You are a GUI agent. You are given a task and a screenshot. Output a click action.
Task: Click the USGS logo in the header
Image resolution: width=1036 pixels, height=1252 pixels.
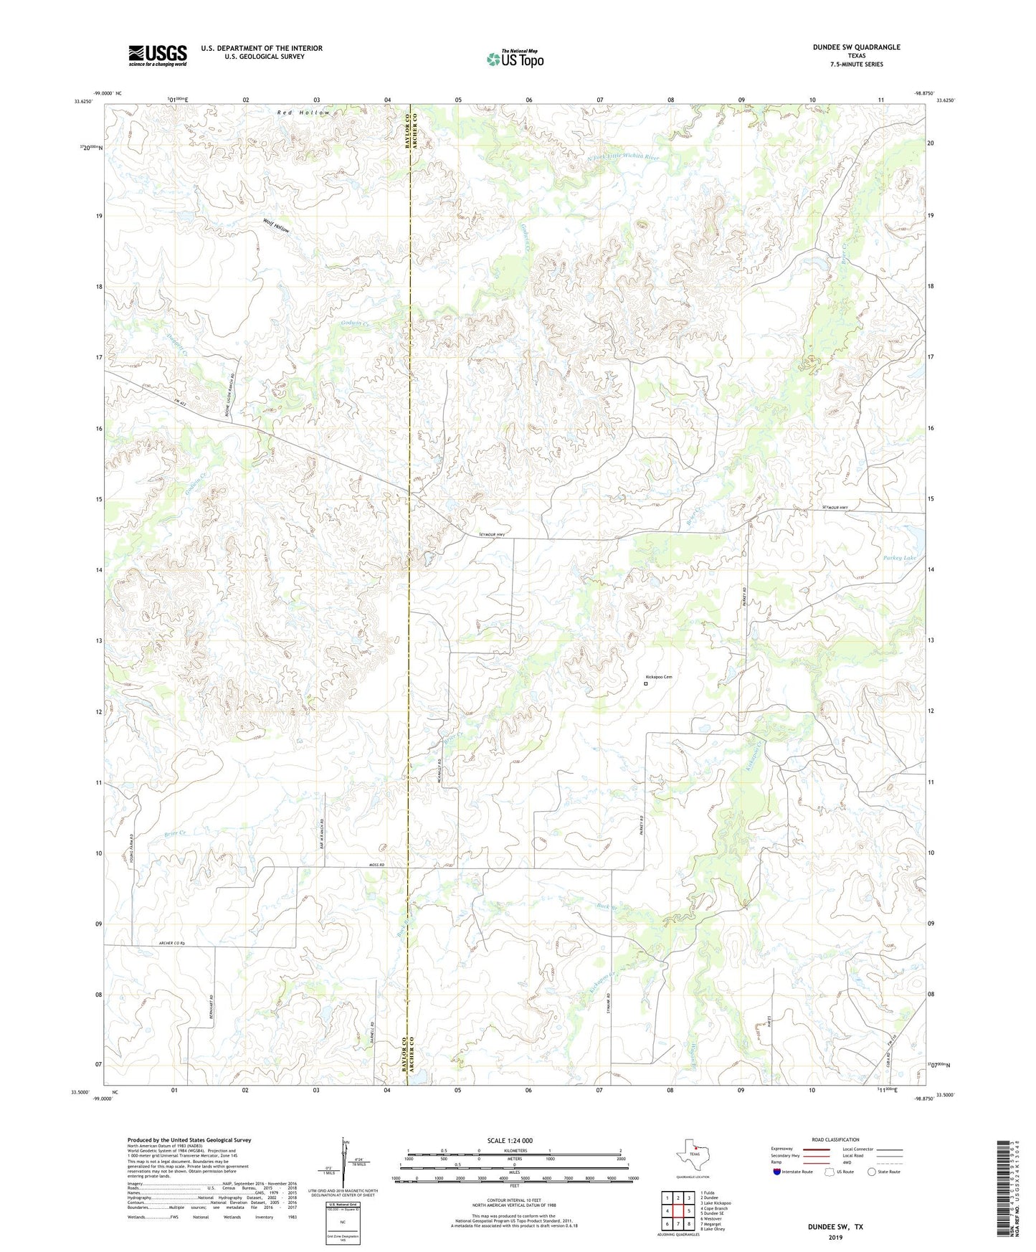coord(158,55)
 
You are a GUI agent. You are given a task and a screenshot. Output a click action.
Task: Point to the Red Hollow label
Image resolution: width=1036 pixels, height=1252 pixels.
coord(304,113)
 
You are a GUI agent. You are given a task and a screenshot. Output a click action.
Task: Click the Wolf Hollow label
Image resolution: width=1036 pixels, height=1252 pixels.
coord(276,228)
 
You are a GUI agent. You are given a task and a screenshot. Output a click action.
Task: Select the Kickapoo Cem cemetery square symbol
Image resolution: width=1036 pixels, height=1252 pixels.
coord(645,684)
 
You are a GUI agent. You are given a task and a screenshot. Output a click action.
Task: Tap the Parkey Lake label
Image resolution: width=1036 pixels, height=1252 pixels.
coord(899,558)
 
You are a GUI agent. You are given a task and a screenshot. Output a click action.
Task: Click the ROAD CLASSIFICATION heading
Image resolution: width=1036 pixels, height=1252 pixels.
coord(835,1140)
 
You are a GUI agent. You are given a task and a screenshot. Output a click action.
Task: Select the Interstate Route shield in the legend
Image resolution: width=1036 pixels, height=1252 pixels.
coord(778,1172)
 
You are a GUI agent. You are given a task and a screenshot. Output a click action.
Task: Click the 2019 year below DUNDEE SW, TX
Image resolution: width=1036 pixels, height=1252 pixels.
coord(835,1237)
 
